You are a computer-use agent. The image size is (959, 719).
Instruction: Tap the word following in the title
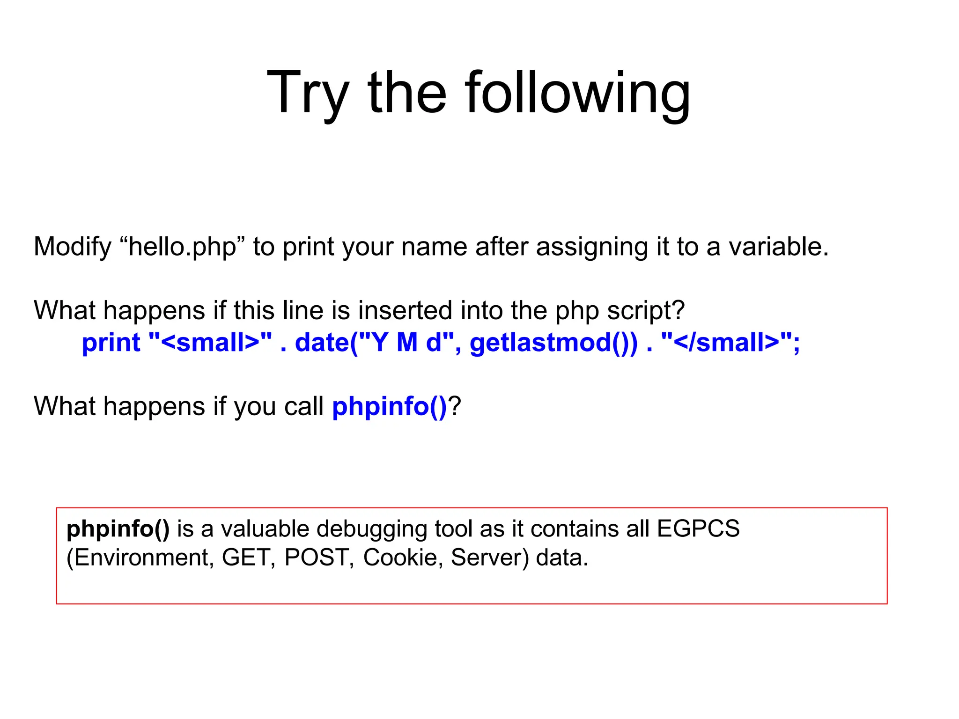pyautogui.click(x=577, y=93)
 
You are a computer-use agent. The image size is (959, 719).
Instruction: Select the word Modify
pyautogui.click(x=73, y=247)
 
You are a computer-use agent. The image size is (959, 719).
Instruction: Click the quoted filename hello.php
pyautogui.click(x=183, y=247)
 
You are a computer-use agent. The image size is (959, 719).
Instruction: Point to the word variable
pyautogui.click(x=777, y=247)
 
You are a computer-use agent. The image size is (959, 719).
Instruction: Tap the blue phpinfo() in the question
pyautogui.click(x=390, y=406)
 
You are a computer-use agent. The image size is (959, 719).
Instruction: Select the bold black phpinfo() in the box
pyautogui.click(x=118, y=529)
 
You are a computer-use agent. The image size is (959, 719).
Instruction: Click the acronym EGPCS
pyautogui.click(x=698, y=529)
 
